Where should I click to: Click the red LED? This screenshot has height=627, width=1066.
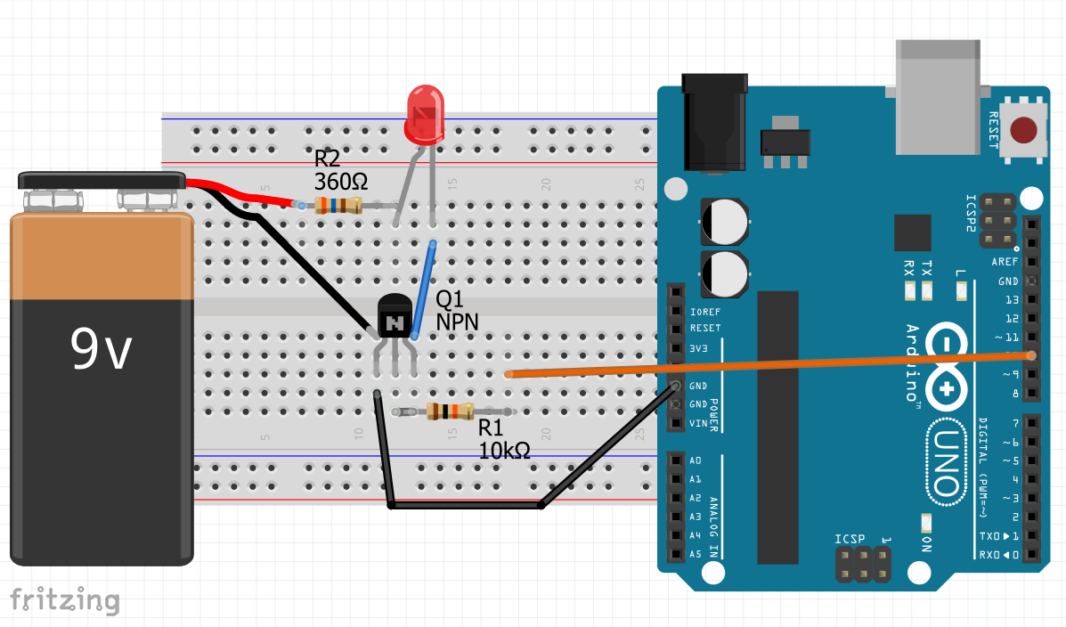424,114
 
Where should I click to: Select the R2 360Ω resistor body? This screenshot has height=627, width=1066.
338,207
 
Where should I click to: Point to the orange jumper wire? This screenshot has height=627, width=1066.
766,364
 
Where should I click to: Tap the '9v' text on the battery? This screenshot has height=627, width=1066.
102,349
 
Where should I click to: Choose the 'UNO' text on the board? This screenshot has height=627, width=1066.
946,463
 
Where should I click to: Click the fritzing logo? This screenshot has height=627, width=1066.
64,599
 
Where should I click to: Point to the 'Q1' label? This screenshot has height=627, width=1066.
451,300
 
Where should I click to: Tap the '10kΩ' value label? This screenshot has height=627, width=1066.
505,451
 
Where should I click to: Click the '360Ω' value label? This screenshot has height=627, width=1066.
341,181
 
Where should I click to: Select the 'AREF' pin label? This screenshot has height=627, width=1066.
1005,262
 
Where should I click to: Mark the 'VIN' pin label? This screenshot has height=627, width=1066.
699,423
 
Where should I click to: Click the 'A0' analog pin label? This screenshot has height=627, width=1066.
696,460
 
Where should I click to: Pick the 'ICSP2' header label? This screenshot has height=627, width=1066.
972,214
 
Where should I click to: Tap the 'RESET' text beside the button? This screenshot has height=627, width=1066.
995,130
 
